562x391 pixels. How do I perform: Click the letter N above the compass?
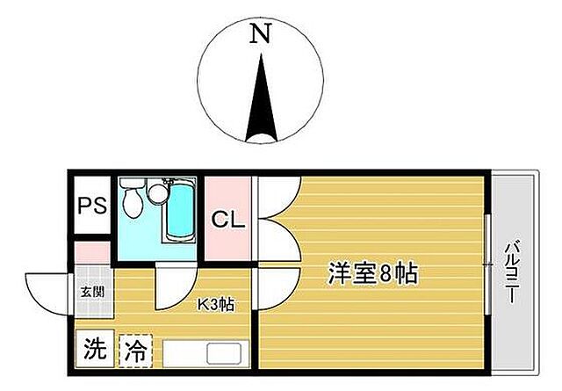[260, 34]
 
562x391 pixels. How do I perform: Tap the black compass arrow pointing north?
[261, 101]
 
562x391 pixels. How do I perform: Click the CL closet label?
[227, 218]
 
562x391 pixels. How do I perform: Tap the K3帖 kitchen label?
[214, 305]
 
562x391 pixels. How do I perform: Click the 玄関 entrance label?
[92, 292]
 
